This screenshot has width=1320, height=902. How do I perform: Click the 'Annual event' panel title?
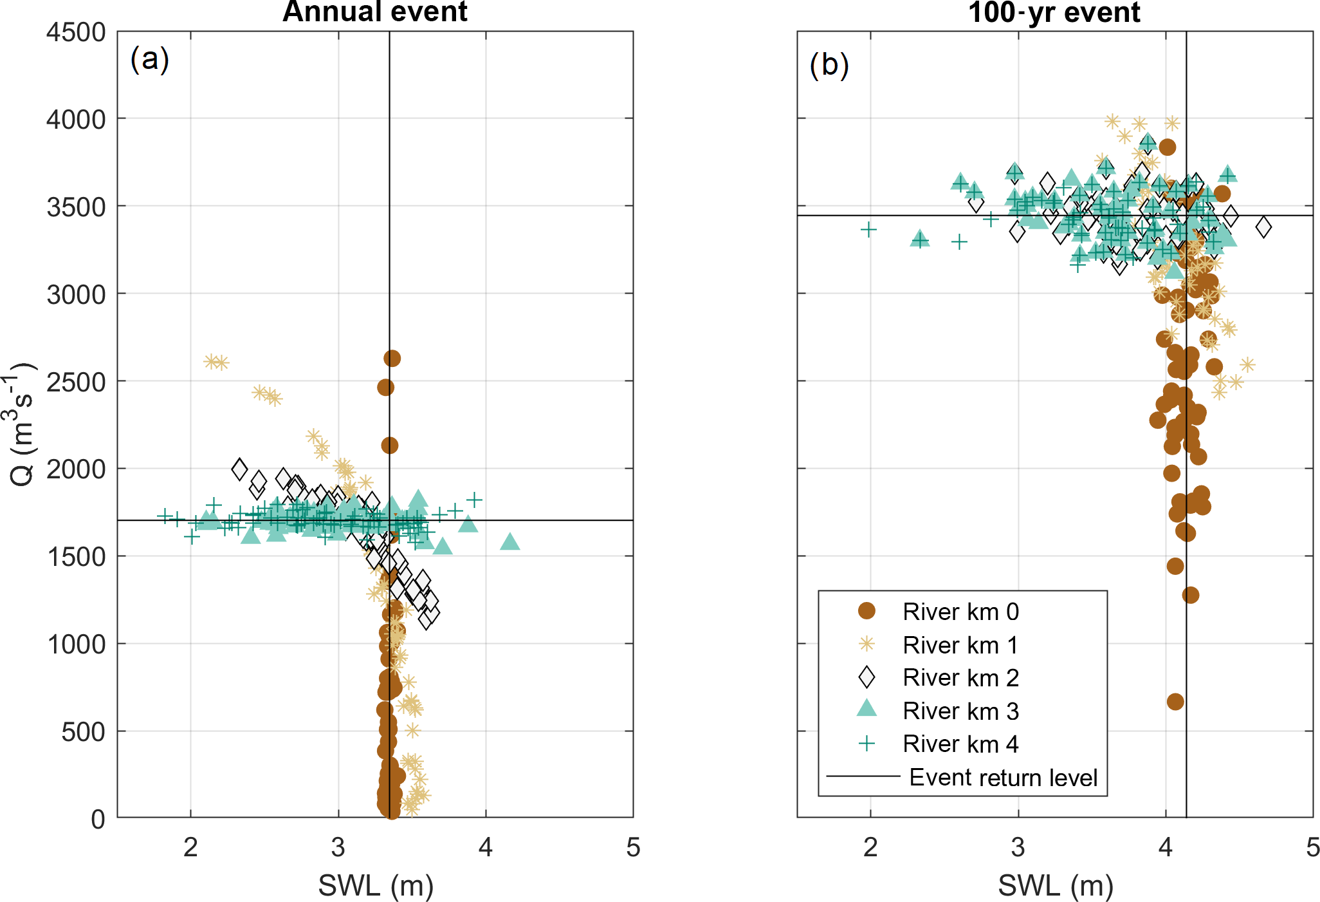point(375,12)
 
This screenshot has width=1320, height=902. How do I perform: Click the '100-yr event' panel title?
point(1054,12)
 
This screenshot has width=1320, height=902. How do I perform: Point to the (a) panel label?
point(150,59)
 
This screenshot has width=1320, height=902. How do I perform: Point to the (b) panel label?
point(829,65)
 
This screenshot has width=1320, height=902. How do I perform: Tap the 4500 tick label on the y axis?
point(76,32)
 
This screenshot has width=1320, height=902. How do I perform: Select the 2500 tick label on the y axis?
point(76,382)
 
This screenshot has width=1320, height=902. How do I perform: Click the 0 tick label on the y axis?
point(98,819)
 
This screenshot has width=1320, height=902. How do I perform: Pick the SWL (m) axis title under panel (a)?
point(376,886)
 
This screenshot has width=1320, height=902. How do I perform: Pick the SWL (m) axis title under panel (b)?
point(1056,886)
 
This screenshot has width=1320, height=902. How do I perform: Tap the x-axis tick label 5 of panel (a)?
point(633,848)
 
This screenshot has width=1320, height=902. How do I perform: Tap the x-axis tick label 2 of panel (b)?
point(870,848)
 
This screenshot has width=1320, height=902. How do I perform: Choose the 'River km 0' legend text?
point(960,612)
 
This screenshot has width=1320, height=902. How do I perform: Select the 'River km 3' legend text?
point(960,711)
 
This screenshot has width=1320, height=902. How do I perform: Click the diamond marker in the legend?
point(867,677)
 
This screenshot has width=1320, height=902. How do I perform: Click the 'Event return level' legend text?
point(1003,778)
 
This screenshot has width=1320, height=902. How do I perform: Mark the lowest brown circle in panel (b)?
point(1175,702)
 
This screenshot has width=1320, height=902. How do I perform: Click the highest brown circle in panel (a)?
point(392,359)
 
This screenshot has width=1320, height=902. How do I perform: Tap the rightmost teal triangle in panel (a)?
point(509,541)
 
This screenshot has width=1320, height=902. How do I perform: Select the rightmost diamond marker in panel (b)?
point(1263,227)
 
